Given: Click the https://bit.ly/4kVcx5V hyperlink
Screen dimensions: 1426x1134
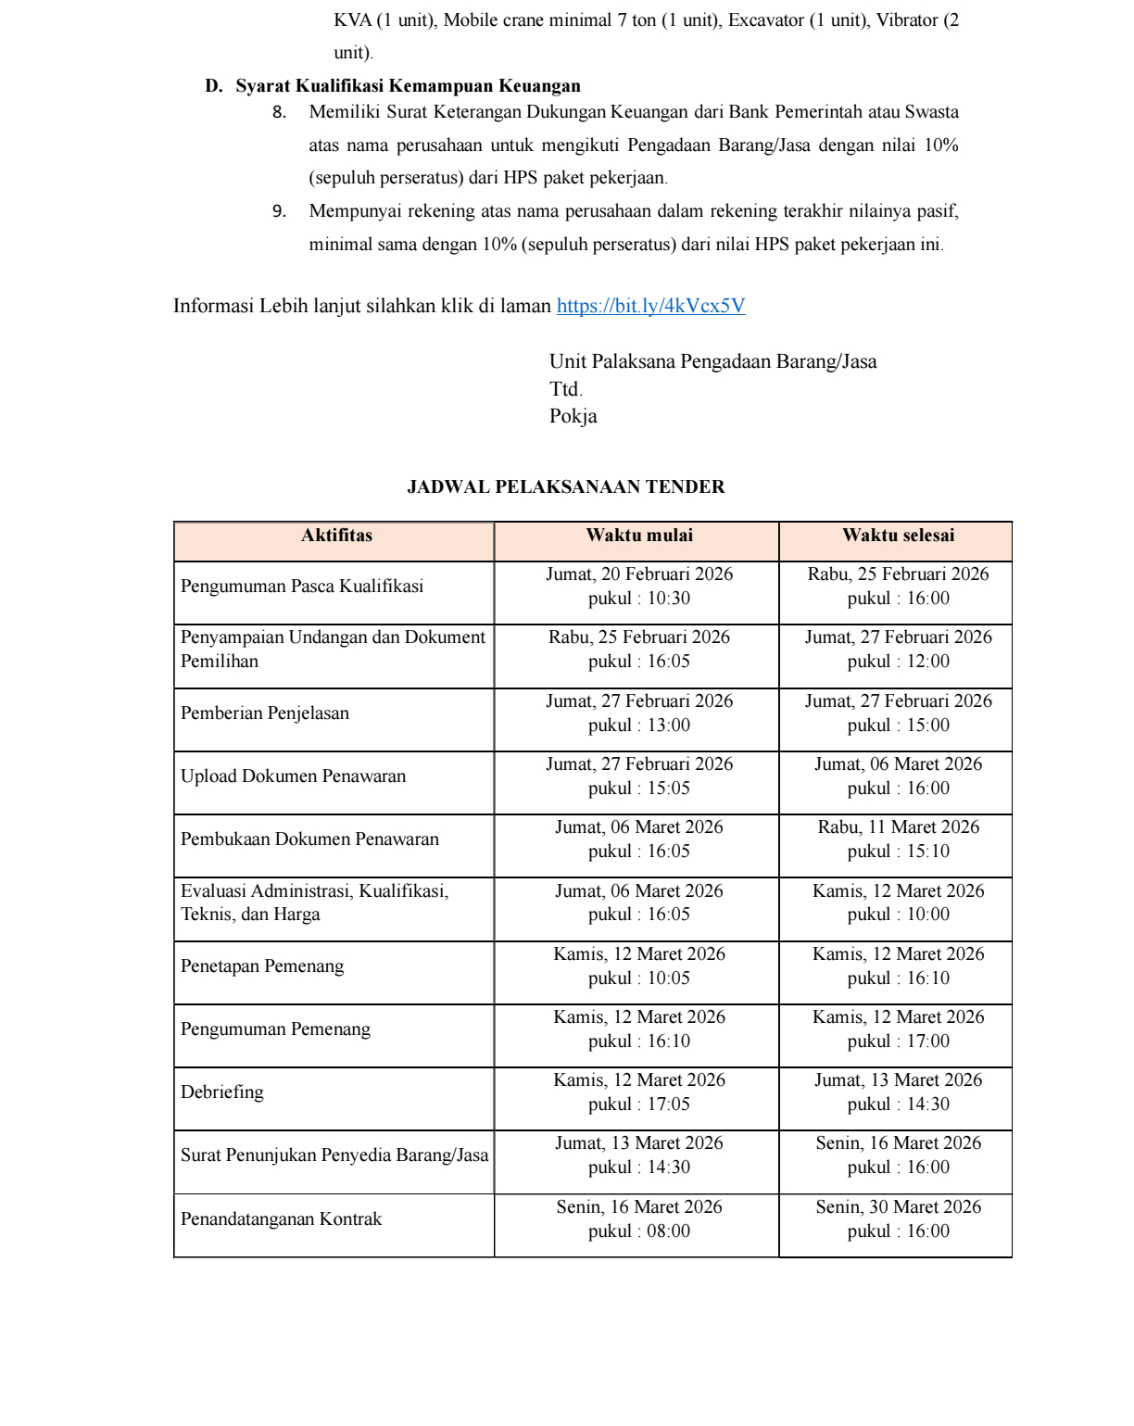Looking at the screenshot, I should [650, 307].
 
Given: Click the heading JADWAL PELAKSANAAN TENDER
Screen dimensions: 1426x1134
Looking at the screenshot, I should [566, 487].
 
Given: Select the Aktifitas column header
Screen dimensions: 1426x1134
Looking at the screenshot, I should [336, 536].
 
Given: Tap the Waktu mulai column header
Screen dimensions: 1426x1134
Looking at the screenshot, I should [639, 536].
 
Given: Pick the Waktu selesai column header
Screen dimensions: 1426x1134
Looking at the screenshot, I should [898, 536].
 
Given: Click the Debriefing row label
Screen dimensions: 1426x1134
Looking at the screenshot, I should [222, 1092].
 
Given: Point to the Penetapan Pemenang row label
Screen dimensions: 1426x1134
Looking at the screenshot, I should [262, 966].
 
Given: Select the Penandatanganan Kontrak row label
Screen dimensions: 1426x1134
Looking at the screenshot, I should [281, 1219].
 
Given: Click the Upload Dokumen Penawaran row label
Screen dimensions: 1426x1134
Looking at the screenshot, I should [293, 776].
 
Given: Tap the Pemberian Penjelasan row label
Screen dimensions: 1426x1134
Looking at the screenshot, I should [265, 713].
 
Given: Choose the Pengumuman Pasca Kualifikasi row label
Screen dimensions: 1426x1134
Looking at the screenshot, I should [302, 587].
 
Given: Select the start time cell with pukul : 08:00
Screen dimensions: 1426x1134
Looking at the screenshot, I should [639, 1231].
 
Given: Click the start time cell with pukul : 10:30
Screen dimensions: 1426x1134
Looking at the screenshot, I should [639, 599].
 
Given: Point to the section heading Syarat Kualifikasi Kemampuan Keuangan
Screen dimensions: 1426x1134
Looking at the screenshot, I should [408, 86].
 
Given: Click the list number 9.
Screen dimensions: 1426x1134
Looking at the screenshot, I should [279, 211].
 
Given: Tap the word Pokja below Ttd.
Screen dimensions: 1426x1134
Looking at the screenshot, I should [573, 417].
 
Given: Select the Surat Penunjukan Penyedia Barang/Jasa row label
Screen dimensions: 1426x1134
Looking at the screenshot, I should [334, 1155].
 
